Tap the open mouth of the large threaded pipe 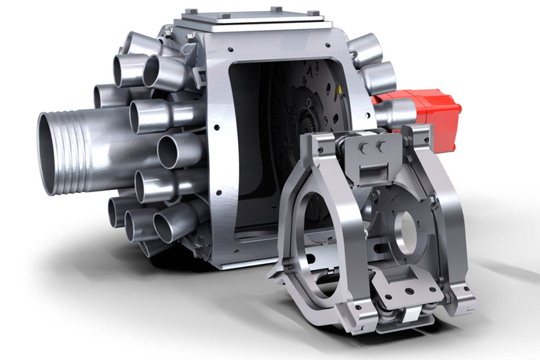coord(53,154)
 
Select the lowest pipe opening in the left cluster coord(169,228)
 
